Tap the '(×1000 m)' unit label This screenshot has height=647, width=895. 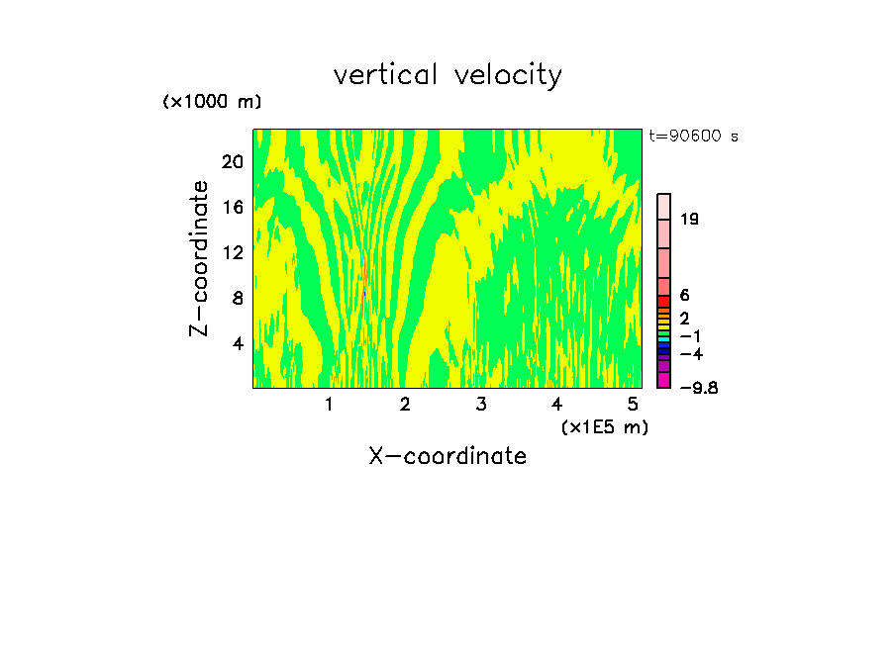pyautogui.click(x=212, y=103)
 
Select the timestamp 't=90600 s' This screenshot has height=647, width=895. pyautogui.click(x=693, y=137)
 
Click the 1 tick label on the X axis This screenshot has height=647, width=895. pyautogui.click(x=329, y=405)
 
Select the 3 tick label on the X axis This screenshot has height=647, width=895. pyautogui.click(x=480, y=405)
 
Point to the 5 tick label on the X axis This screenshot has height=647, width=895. pyautogui.click(x=632, y=405)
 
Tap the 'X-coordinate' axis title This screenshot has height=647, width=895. pyautogui.click(x=447, y=456)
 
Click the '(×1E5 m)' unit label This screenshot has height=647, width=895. pyautogui.click(x=604, y=427)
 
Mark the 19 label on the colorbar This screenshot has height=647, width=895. pyautogui.click(x=690, y=220)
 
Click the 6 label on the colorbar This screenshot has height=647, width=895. pyautogui.click(x=685, y=296)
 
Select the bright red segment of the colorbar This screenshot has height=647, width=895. pyautogui.click(x=664, y=301)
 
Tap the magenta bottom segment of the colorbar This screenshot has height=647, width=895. pyautogui.click(x=664, y=380)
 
